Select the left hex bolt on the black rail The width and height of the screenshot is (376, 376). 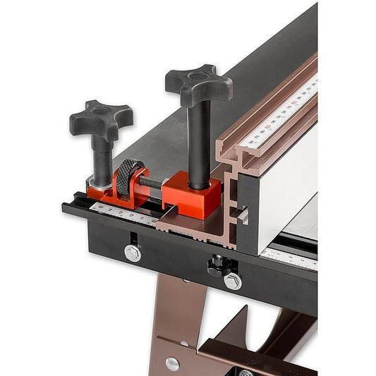(132, 253)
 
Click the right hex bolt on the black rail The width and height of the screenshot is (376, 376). (232, 281)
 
